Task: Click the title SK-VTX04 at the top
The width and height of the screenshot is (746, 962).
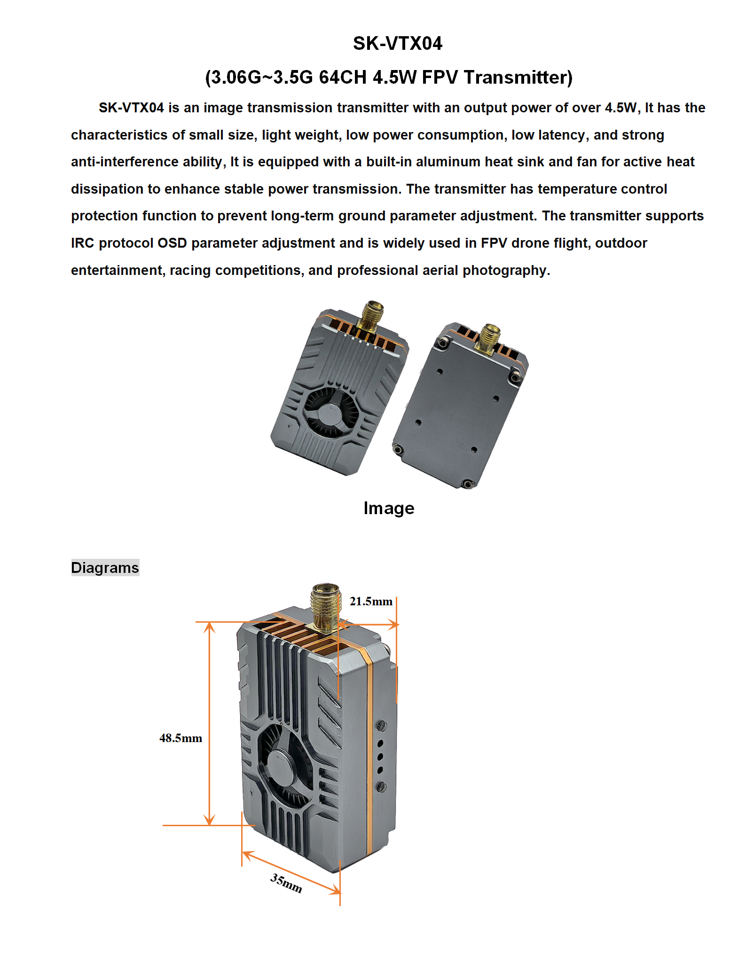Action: [397, 44]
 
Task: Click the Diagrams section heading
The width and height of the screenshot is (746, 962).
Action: [105, 568]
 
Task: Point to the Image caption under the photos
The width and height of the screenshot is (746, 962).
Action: [389, 508]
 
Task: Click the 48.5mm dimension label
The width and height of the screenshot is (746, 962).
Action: [181, 738]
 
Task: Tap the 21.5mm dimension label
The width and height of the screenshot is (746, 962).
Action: [371, 602]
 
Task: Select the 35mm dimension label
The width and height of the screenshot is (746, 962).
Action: [286, 883]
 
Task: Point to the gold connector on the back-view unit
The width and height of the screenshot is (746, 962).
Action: [489, 337]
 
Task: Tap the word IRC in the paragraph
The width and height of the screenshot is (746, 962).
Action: [82, 243]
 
